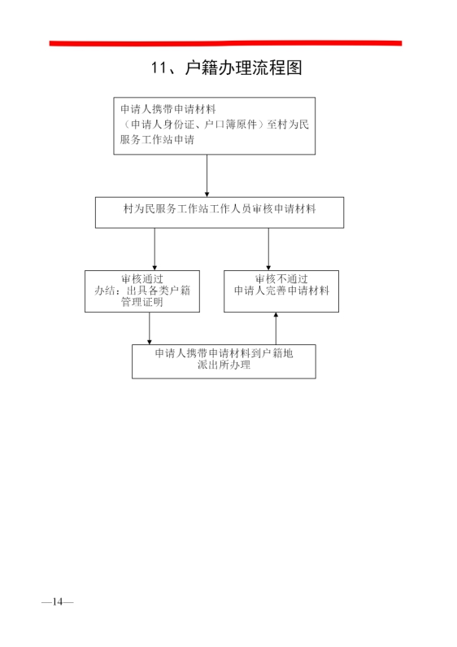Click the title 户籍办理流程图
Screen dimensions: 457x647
tap(244, 68)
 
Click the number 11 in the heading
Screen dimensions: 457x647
tap(159, 68)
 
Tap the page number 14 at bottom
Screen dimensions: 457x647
tap(58, 601)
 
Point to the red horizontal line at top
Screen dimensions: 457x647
tap(225, 43)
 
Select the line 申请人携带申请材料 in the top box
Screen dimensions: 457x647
tap(168, 109)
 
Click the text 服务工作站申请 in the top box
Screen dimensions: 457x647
tap(157, 139)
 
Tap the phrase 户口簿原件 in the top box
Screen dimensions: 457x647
tap(231, 125)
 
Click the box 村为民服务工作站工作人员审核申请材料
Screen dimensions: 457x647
tap(220, 212)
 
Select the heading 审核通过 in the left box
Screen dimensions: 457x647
tap(142, 279)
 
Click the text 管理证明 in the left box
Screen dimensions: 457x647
tap(142, 302)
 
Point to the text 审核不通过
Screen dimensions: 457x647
tap(281, 279)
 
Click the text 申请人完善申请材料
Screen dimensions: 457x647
tap(281, 291)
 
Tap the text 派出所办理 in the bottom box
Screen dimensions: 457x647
tap(224, 365)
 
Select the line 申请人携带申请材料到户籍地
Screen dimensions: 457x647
tap(224, 353)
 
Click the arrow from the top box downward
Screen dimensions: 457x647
tap(207, 176)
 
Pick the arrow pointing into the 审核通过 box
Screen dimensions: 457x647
tap(155, 249)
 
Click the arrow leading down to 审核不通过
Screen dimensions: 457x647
tap(268, 249)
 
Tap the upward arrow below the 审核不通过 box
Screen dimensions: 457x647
tap(276, 329)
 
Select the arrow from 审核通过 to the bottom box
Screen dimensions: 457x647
tap(150, 329)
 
